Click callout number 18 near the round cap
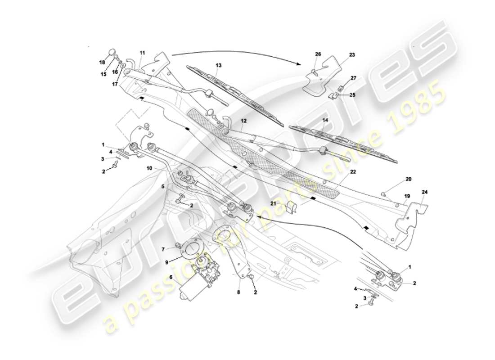tap(102, 62)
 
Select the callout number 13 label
tap(218, 65)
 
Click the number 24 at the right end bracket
tap(425, 193)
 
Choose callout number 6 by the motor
tap(171, 277)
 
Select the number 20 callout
tap(408, 179)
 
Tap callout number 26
tap(318, 55)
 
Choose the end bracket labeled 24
tap(409, 225)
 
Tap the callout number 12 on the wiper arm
tap(243, 121)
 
